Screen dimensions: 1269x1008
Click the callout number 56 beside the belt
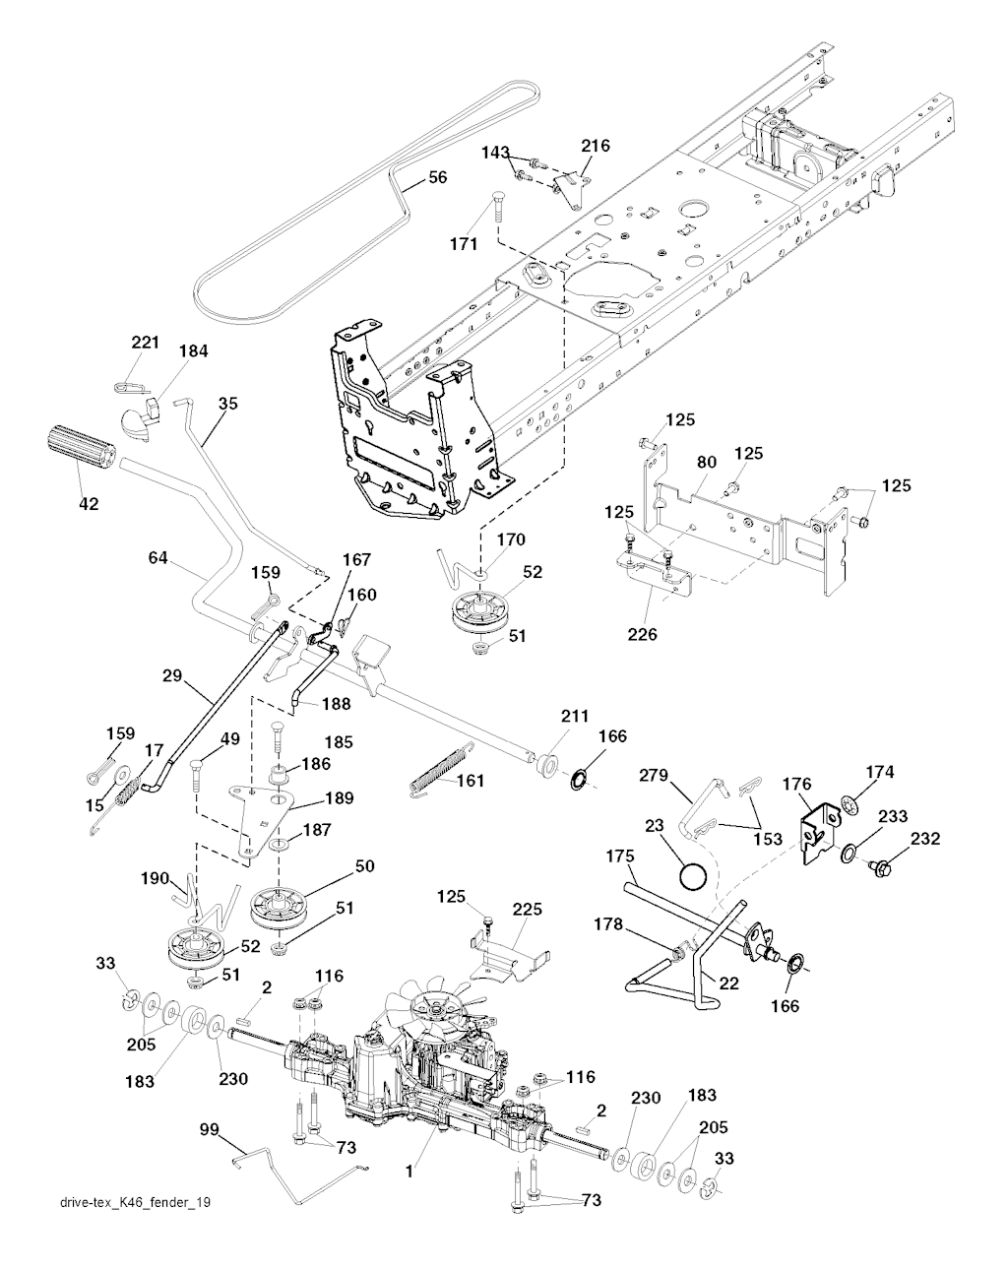(437, 178)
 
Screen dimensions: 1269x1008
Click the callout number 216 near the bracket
(595, 146)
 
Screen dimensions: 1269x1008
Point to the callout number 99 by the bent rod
(209, 1129)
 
